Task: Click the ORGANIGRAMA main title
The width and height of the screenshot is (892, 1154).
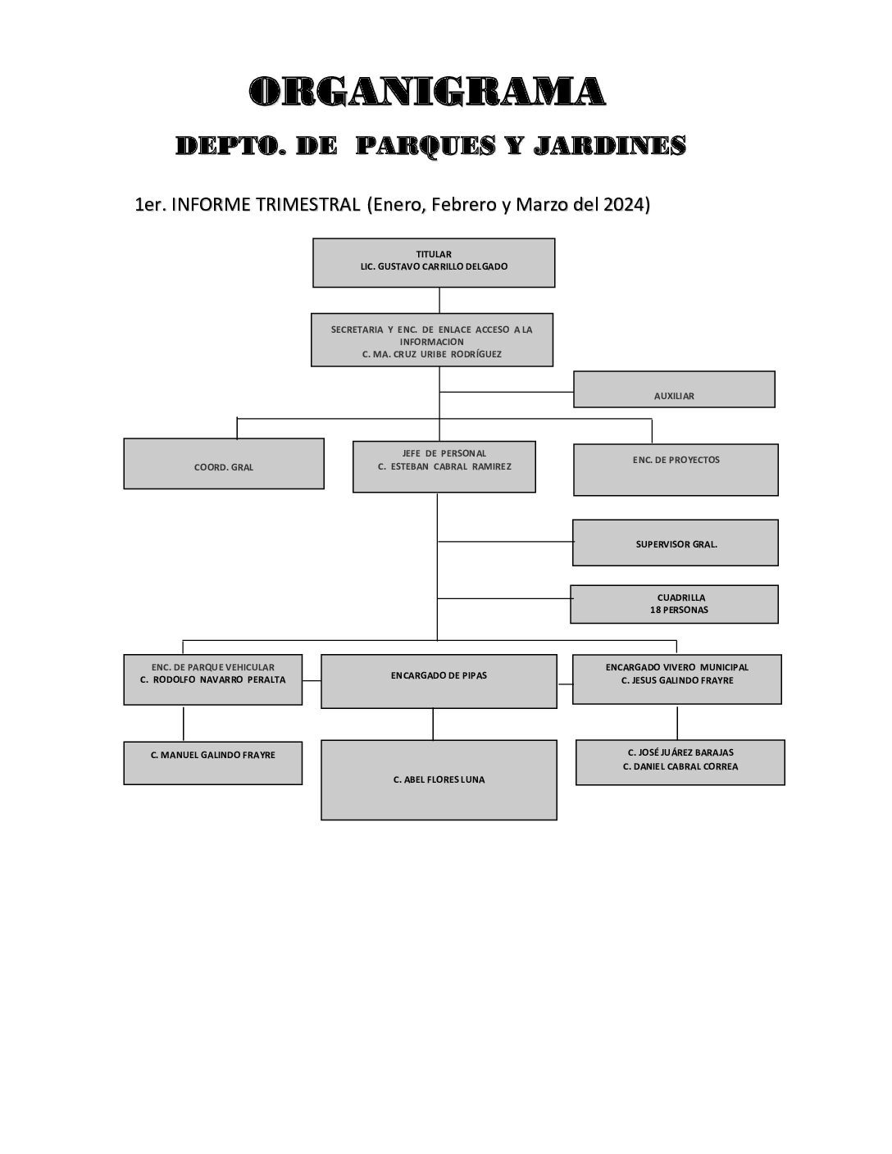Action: click(427, 91)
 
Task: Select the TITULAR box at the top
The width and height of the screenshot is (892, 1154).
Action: click(434, 262)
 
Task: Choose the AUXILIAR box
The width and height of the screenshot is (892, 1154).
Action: click(674, 390)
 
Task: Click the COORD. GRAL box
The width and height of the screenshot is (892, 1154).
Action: click(224, 464)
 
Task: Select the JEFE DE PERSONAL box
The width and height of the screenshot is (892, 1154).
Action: click(444, 466)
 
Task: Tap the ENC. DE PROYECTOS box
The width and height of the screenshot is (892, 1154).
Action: click(676, 470)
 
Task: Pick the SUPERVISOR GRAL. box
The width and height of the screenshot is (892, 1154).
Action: click(676, 543)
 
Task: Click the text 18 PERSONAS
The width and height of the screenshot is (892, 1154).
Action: click(679, 611)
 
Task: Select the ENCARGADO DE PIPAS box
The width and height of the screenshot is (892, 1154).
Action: click(439, 680)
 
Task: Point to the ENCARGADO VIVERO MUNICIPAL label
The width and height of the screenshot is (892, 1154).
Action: click(676, 668)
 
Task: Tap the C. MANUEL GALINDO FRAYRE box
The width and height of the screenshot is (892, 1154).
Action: click(213, 763)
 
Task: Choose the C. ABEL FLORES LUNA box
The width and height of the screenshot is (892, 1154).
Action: click(439, 779)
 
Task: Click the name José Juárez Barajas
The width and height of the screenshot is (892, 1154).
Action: click(680, 752)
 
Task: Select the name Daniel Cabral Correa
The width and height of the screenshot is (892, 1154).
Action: click(680, 767)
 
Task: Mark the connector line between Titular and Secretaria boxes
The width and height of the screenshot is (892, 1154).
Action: click(439, 300)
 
